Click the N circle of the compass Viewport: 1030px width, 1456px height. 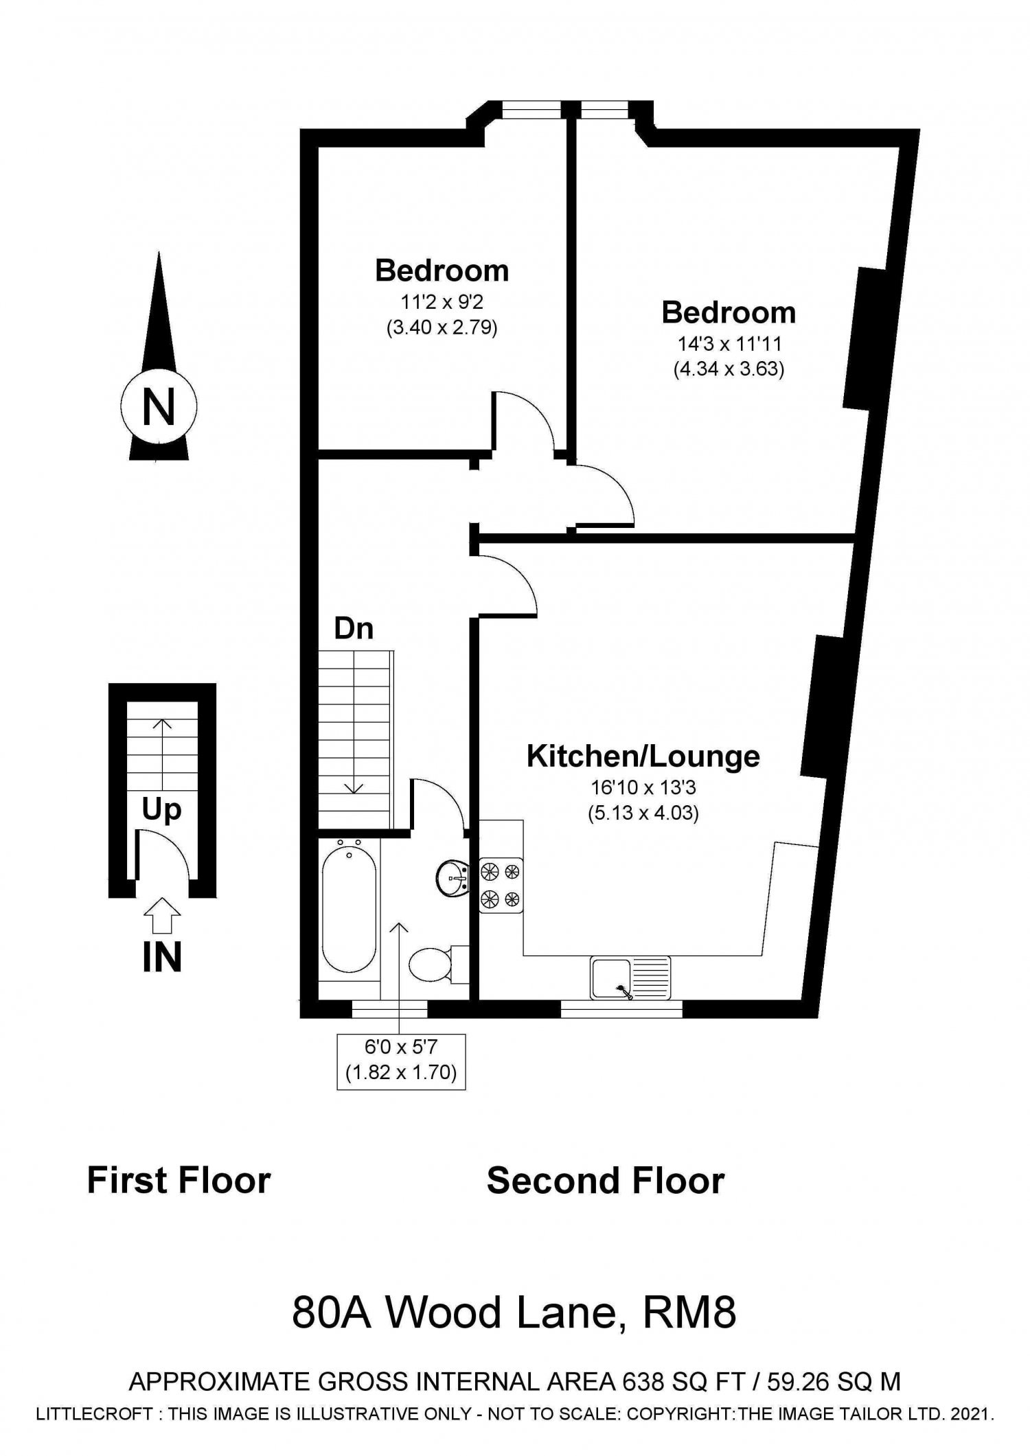[x=159, y=406]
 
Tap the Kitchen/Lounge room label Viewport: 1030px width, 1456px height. [x=643, y=756]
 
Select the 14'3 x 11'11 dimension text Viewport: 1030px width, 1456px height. [x=729, y=343]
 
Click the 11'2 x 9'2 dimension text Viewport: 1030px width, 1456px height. [x=442, y=301]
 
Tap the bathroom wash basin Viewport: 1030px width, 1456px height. [x=453, y=875]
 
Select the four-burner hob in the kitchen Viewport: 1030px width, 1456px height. [x=501, y=885]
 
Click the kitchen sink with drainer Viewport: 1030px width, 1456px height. [x=630, y=977]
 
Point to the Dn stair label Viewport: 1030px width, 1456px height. [x=354, y=628]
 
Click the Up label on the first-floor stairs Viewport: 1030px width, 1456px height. [x=162, y=811]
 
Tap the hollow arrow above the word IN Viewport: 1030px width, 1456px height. [x=162, y=915]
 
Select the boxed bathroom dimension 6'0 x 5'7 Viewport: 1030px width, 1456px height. [x=401, y=1061]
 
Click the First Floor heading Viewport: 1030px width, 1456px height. [x=179, y=1181]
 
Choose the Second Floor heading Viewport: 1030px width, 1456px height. [x=606, y=1181]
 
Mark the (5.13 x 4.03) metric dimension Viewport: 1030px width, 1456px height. [x=643, y=813]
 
